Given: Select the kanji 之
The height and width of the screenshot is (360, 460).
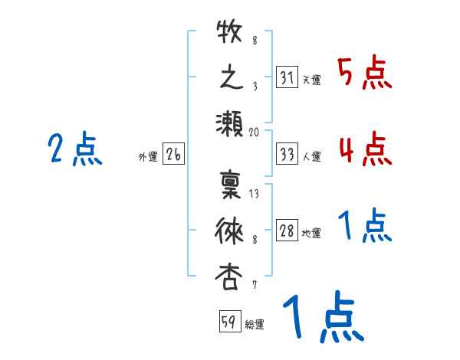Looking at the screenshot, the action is (229, 78).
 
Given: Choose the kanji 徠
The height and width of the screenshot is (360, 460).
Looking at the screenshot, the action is (229, 230).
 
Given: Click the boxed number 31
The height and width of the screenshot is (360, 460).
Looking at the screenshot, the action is (286, 77).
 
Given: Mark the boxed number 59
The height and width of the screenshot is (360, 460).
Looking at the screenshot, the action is (228, 322).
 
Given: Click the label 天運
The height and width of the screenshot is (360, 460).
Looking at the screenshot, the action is (311, 80).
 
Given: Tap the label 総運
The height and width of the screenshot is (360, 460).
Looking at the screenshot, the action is (254, 324).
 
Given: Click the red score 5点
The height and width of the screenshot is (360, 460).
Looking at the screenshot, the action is (364, 74).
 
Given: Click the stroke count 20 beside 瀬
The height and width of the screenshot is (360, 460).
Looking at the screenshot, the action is (255, 132).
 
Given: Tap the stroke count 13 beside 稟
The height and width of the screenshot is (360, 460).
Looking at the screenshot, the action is (255, 194).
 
